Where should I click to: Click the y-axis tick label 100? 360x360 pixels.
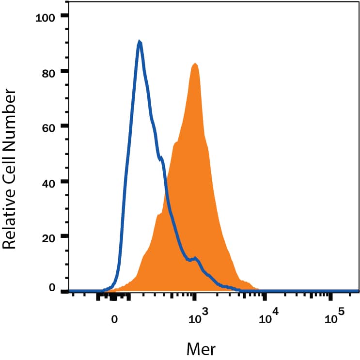(47, 18)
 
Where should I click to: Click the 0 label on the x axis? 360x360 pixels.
(114, 319)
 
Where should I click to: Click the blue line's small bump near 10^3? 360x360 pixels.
(195, 258)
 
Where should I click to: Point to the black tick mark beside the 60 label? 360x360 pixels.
(65, 126)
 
